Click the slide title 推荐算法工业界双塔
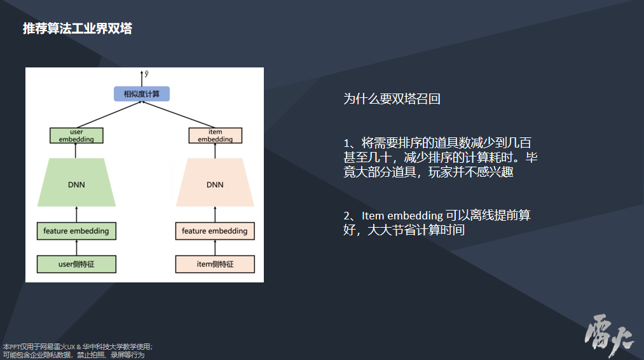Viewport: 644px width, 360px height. click(x=77, y=29)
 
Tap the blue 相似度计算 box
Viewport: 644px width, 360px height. click(x=142, y=94)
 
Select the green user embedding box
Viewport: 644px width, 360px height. click(x=76, y=135)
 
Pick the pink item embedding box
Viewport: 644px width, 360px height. click(x=215, y=135)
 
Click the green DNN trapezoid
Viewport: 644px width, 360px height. click(x=76, y=184)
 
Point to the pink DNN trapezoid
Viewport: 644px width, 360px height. click(x=215, y=184)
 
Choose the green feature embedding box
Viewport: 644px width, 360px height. click(x=76, y=231)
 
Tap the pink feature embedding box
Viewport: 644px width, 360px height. click(x=215, y=231)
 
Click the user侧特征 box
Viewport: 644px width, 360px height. click(x=76, y=264)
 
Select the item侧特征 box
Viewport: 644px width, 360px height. click(x=215, y=264)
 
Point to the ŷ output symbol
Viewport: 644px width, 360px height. click(x=147, y=74)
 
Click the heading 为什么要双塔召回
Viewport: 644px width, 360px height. click(x=392, y=99)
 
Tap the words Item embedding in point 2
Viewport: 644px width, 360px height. click(x=402, y=216)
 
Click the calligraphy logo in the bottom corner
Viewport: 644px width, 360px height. click(x=608, y=333)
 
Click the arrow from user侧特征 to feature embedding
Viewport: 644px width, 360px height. click(x=76, y=248)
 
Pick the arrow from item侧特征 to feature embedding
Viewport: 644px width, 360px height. click(x=215, y=248)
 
